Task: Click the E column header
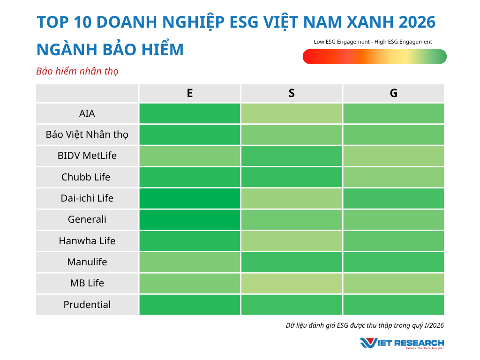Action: pos(189,93)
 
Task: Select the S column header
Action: pos(292,93)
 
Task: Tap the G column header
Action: pos(393,93)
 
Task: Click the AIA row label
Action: pos(87,113)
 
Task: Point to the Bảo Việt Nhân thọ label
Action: pos(87,135)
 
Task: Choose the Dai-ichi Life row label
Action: pos(87,198)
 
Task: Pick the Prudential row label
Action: pos(87,305)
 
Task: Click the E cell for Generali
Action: pos(189,219)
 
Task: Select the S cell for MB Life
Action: pos(292,283)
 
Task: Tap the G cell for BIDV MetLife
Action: pos(393,156)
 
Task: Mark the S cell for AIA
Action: pos(292,113)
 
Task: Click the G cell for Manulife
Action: pos(393,262)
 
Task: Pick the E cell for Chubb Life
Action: pos(189,177)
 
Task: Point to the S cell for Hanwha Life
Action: pos(292,241)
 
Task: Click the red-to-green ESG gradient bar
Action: pos(375,57)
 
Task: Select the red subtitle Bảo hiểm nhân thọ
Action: pos(77,71)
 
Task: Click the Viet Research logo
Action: pos(401,343)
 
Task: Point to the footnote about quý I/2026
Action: pos(365,325)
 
